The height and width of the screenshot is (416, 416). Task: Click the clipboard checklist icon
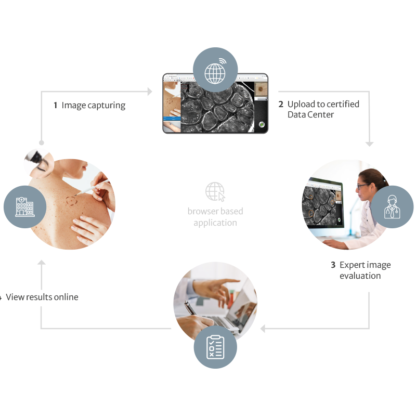215,347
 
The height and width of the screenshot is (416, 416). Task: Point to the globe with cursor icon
215,192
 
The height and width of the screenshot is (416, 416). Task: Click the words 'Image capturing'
94,106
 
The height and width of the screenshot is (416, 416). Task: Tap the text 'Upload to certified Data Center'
323,109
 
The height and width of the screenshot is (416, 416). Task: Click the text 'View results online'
42,297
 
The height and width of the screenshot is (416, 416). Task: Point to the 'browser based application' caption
215,217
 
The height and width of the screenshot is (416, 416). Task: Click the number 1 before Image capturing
56,106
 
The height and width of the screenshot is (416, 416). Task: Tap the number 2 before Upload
281,104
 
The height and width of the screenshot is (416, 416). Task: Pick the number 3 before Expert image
333,265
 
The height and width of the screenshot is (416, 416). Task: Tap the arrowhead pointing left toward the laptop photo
263,329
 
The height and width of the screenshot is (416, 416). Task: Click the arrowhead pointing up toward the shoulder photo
42,265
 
